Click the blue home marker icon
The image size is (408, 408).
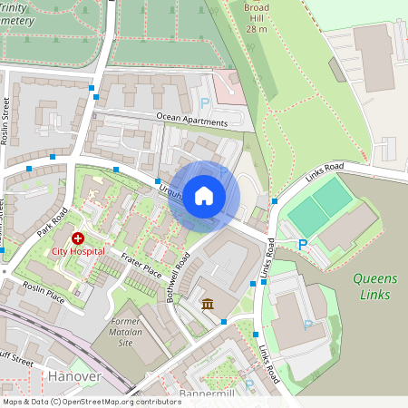point(204,195)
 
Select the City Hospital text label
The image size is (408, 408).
point(77,251)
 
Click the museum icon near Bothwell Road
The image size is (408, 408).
point(208,304)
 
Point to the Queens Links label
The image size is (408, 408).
point(372,287)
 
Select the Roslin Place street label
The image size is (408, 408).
point(44,291)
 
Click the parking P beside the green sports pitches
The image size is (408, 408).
point(303,244)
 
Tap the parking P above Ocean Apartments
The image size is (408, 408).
point(205,103)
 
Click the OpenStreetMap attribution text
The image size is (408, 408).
point(92,401)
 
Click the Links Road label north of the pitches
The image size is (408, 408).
point(325,170)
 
